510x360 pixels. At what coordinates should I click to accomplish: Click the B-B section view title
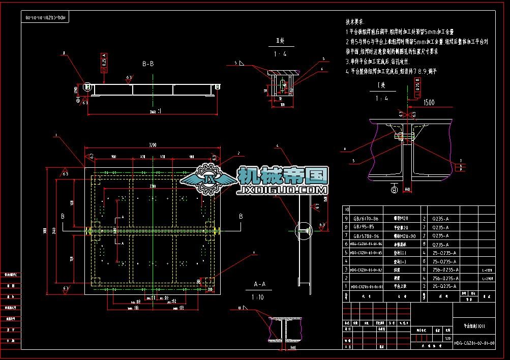pos(148,64)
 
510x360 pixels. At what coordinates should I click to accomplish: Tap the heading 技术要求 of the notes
pos(355,22)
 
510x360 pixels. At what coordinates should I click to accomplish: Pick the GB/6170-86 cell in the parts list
pos(366,219)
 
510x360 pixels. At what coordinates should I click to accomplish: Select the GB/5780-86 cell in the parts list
pos(366,236)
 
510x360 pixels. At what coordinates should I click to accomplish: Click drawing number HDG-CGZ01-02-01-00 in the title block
pos(474,344)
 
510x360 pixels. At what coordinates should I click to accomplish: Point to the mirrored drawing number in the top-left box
pos(46,18)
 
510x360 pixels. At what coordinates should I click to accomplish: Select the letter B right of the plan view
pos(241,217)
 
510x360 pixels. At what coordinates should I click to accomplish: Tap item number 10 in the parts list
pos(347,209)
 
